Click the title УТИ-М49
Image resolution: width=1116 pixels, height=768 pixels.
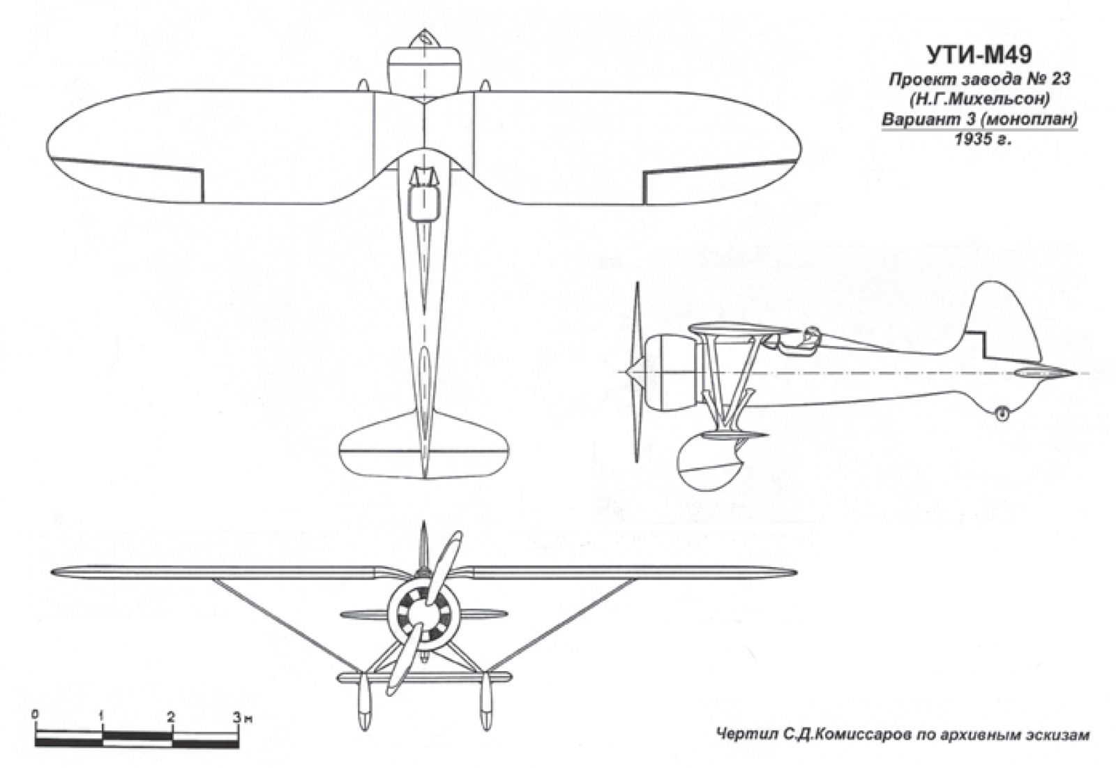pos(979,55)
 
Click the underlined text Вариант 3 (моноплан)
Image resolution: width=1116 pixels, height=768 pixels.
pos(979,121)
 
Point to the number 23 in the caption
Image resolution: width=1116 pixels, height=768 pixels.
pos(1057,79)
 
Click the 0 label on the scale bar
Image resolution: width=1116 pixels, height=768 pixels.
pos(34,715)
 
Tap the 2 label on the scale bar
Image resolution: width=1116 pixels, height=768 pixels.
pos(171,716)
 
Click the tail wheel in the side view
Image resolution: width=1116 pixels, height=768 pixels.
pos(1002,412)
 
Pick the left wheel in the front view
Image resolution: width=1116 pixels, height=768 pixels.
pos(364,702)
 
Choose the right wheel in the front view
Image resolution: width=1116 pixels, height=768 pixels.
pos(485,702)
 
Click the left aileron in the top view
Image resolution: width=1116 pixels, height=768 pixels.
pos(127,181)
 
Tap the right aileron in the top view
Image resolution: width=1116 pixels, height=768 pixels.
pos(720,181)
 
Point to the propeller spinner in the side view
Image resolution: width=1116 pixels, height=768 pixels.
pos(633,372)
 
